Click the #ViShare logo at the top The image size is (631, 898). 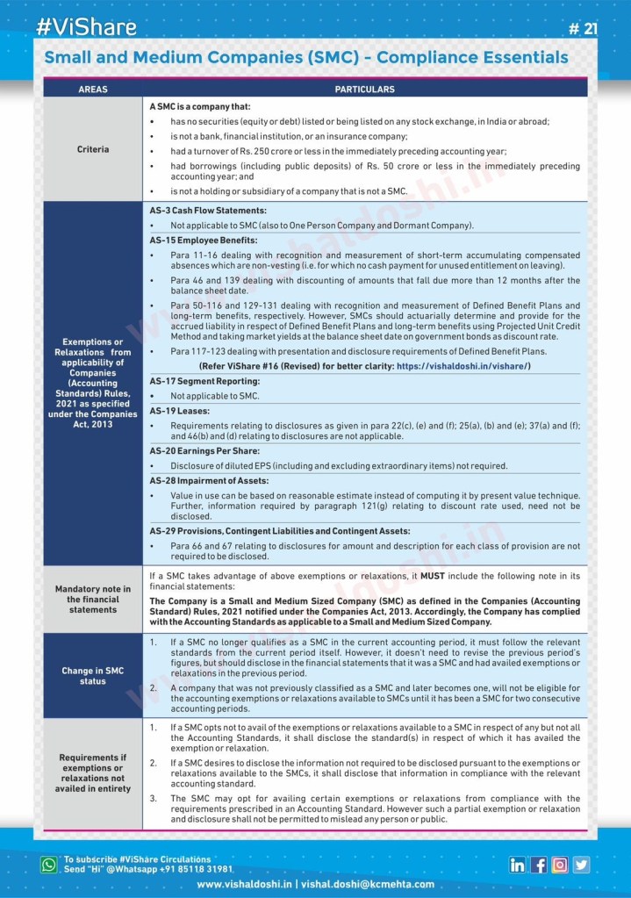click(86, 26)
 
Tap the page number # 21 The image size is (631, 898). click(583, 29)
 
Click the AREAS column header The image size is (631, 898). click(93, 90)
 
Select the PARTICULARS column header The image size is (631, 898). click(364, 90)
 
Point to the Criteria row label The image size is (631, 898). click(93, 149)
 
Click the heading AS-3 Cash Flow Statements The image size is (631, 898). click(208, 211)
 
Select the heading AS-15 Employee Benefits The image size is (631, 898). click(203, 240)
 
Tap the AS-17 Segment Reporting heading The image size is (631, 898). click(204, 382)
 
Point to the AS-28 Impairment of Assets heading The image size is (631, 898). click(209, 481)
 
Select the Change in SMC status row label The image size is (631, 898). click(93, 676)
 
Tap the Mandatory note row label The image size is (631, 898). click(93, 599)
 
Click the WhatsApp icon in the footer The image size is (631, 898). click(49, 865)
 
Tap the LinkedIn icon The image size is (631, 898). click(518, 865)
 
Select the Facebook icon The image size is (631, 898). click(539, 865)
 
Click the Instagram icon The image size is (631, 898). click(560, 865)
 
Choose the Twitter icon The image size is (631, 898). click(581, 865)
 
